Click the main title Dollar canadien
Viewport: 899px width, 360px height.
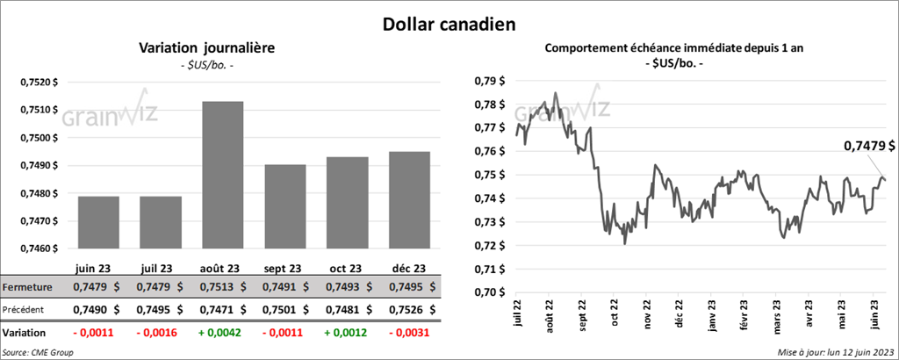coord(449,23)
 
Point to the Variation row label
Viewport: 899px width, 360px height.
coord(25,333)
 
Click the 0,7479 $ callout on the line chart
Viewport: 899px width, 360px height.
coord(868,145)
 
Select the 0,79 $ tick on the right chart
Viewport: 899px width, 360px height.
coord(491,82)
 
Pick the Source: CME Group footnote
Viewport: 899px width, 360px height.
coord(38,352)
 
